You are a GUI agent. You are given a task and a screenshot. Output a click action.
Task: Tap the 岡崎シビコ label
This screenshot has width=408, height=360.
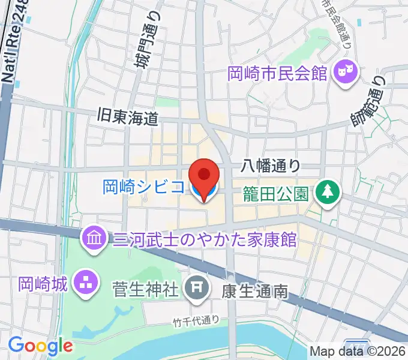(143, 187)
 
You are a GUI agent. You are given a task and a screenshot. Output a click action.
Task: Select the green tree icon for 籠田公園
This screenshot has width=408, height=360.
(328, 193)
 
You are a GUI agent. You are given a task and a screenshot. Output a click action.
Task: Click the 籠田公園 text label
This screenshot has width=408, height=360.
(275, 193)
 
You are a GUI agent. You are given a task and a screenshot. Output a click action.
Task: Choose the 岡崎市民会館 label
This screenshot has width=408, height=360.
(277, 74)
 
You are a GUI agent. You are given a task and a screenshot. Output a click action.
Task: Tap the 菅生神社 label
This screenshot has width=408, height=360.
(146, 290)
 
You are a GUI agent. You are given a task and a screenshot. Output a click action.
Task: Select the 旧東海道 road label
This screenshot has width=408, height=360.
(128, 118)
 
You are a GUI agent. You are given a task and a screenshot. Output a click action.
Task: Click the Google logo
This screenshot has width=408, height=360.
(40, 346)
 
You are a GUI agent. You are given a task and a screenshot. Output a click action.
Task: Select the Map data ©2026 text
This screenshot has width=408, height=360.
(358, 352)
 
